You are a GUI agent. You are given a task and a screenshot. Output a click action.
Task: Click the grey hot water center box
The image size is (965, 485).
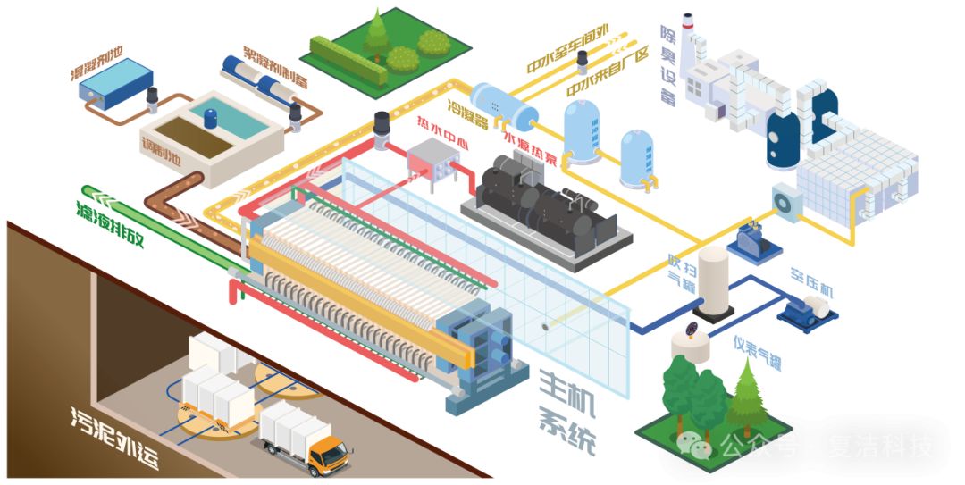coord(432,161)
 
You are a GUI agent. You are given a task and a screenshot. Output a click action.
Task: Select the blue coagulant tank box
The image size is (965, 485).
coord(115,79)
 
